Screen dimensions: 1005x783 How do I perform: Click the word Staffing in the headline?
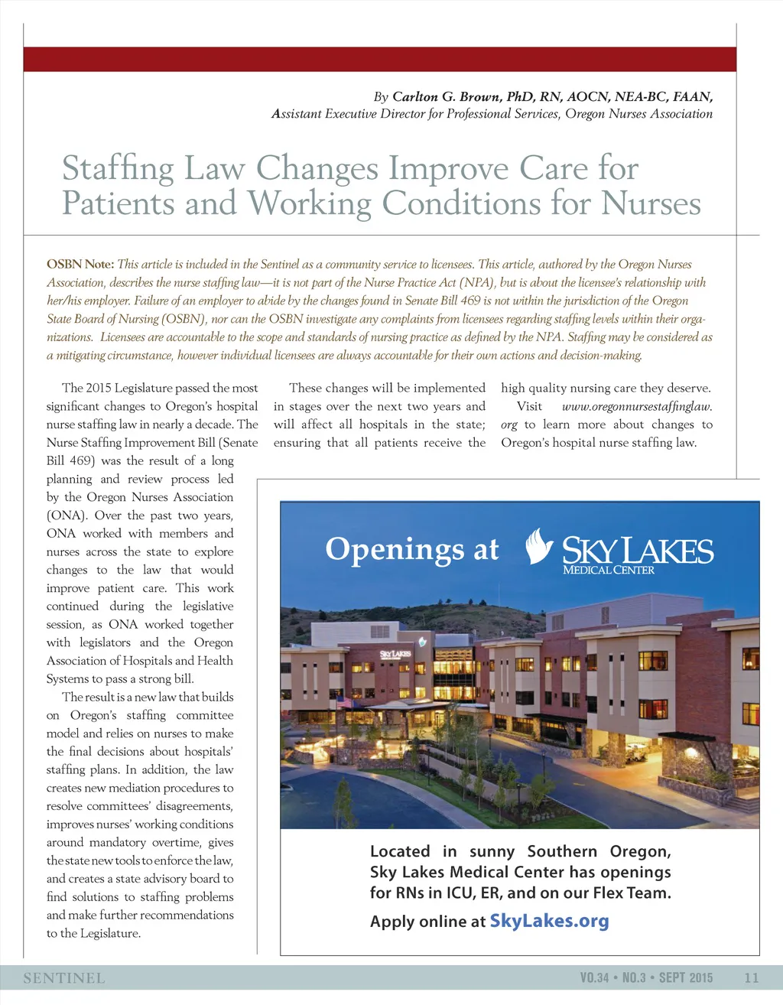[118, 168]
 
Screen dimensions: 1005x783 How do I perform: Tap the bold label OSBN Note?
[80, 265]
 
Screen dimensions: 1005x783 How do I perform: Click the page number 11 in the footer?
[751, 977]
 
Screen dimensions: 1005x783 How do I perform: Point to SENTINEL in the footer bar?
[64, 978]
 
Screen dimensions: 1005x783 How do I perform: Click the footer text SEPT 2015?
[686, 977]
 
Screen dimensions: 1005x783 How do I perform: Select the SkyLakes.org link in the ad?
[549, 921]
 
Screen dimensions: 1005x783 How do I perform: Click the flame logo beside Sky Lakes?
[541, 546]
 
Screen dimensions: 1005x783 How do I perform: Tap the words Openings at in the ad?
[412, 549]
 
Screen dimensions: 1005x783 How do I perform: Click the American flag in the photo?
[344, 701]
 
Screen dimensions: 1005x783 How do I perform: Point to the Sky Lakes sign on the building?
[395, 655]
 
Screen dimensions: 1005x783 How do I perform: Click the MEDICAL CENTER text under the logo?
[609, 570]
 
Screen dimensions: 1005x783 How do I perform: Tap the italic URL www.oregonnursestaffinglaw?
[637, 407]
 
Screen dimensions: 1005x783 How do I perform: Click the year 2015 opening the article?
[99, 389]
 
